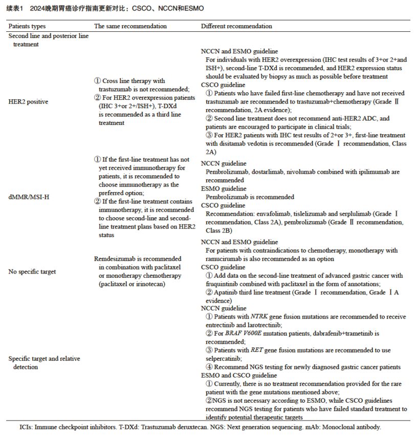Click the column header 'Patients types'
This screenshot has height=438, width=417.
click(27, 26)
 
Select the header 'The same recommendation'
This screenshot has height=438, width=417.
click(130, 26)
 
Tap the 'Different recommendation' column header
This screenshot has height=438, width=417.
click(236, 26)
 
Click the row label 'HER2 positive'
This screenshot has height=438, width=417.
click(29, 101)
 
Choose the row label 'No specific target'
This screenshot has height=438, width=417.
click(32, 272)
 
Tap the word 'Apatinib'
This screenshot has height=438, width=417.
click(227, 292)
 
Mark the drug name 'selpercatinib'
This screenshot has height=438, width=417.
click(224, 358)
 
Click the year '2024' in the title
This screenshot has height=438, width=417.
click(38, 9)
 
